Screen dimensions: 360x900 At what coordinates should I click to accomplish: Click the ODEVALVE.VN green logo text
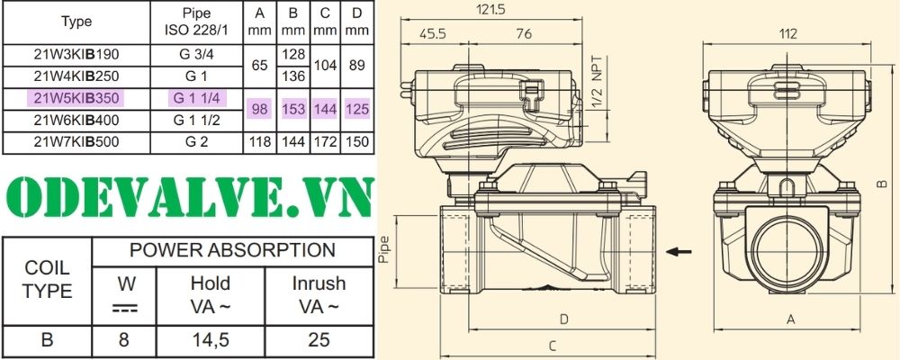(x=186, y=196)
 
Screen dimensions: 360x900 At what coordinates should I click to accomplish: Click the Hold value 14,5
(x=210, y=340)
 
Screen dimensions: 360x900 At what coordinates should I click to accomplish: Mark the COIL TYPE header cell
(x=47, y=281)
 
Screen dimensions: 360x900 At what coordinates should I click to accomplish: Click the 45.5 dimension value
(x=432, y=35)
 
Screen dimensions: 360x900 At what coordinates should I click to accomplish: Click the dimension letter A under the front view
(x=790, y=319)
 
